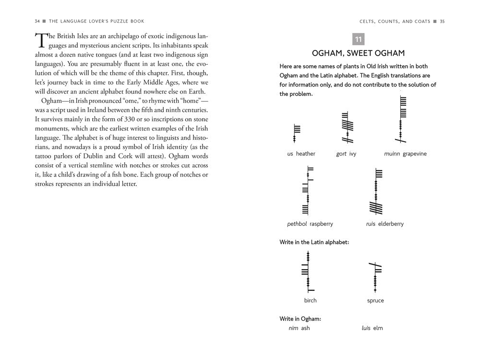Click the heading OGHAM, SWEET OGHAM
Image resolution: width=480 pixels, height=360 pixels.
[x=358, y=53]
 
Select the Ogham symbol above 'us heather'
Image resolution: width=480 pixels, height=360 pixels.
[x=297, y=133]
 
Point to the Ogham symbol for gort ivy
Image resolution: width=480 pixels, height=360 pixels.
[x=344, y=127]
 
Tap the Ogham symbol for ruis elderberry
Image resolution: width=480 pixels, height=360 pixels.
[x=378, y=192]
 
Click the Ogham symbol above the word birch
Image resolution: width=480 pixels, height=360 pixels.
[x=306, y=271]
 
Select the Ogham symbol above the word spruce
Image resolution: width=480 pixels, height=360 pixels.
[x=375, y=277]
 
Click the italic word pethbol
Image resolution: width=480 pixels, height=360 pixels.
[x=297, y=224]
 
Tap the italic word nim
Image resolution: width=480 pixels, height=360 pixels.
[x=293, y=328]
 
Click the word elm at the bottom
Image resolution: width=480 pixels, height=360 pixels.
[x=378, y=328]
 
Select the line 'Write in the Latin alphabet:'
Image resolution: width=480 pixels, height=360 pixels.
[x=314, y=242]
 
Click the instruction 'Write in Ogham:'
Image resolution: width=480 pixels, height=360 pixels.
[x=300, y=318]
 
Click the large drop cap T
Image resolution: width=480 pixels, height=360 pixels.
[x=42, y=41]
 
